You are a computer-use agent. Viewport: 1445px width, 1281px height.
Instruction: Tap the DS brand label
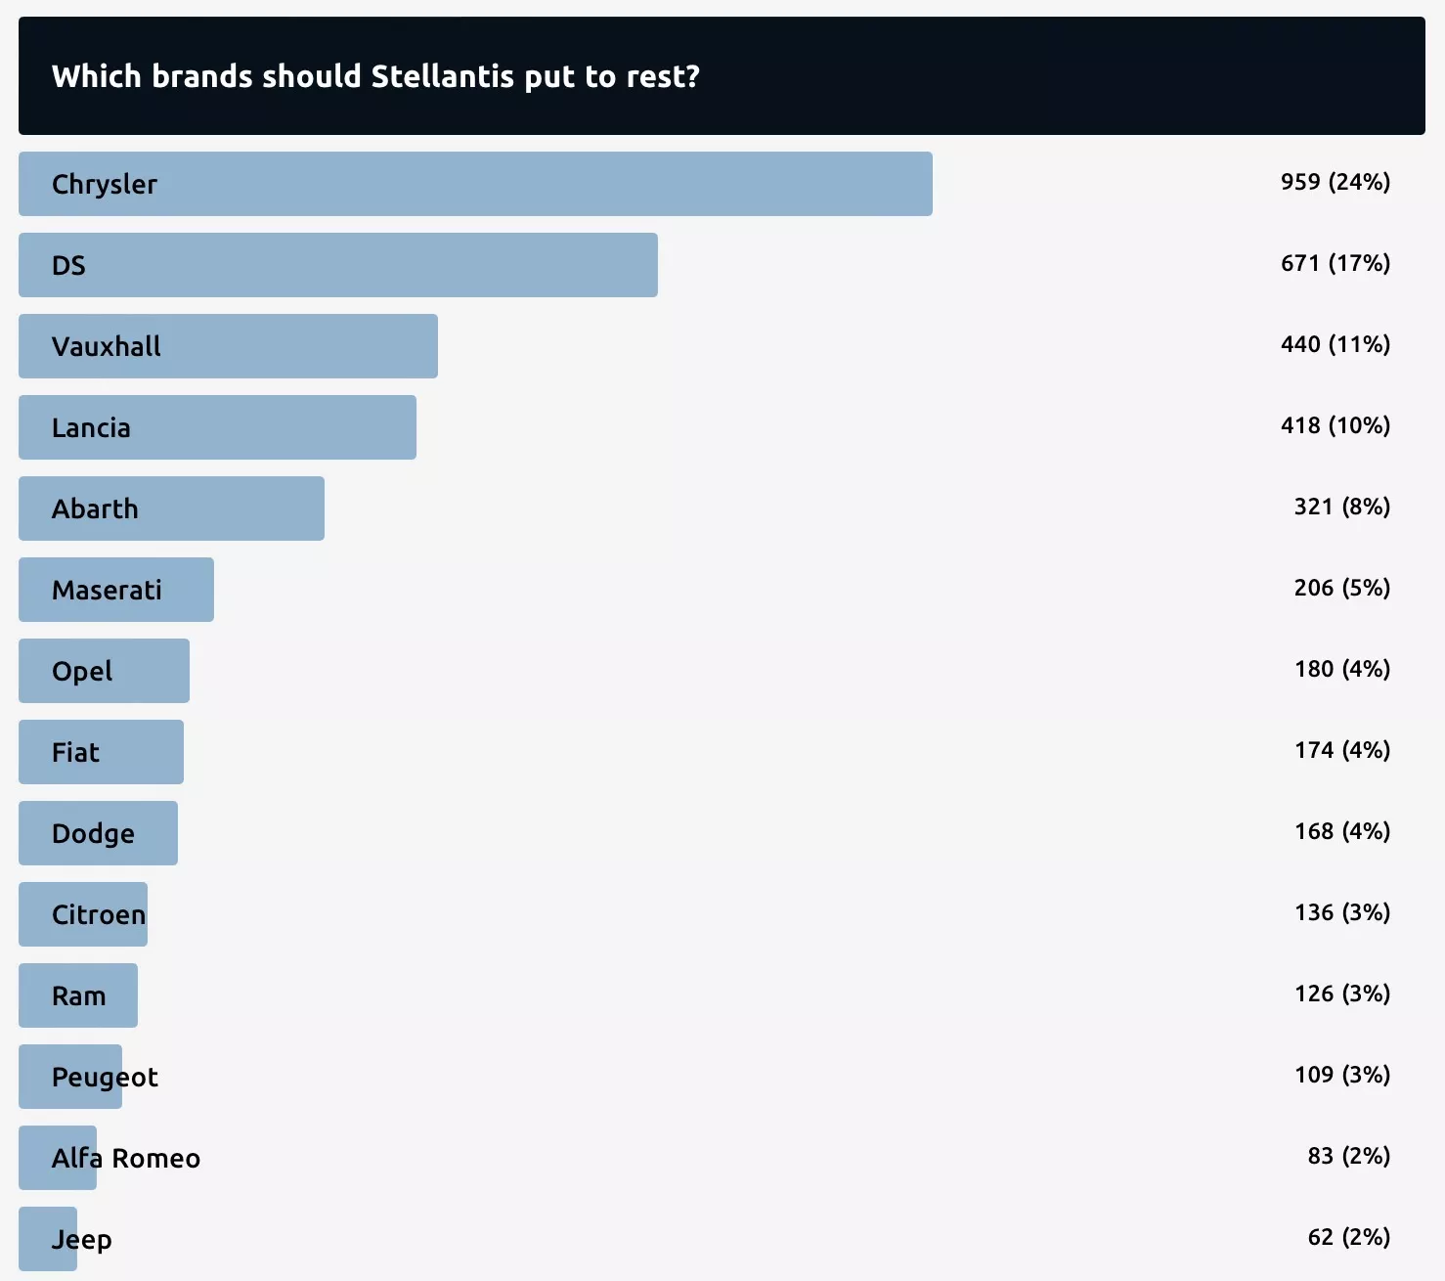tap(68, 265)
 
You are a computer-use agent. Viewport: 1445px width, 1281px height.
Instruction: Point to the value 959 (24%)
tap(1335, 182)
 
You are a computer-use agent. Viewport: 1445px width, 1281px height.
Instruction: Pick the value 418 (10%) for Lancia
tap(1335, 425)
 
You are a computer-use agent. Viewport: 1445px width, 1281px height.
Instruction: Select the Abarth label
tap(95, 508)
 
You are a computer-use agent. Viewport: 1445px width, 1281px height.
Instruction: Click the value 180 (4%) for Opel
tap(1341, 669)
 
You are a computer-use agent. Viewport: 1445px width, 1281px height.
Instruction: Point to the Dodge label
tap(93, 833)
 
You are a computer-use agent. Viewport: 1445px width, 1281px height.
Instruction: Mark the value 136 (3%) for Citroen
tap(1341, 912)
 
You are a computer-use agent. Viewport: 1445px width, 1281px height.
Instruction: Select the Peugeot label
tap(105, 1077)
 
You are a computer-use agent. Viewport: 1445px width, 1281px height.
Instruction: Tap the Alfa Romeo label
tap(125, 1158)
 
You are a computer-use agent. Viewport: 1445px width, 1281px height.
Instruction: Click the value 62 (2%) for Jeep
tap(1348, 1237)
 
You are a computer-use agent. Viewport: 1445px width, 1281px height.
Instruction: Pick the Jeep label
tap(81, 1239)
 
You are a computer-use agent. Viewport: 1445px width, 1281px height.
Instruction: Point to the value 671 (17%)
tap(1335, 263)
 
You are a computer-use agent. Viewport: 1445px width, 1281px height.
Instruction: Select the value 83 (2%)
tap(1348, 1156)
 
